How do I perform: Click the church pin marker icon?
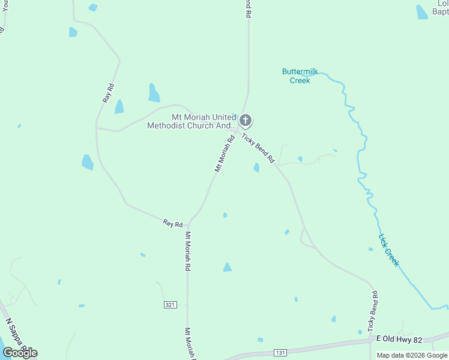[x=245, y=121]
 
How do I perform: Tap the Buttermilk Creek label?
[x=297, y=76]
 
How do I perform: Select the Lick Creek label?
[x=388, y=249]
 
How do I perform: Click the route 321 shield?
[x=170, y=305]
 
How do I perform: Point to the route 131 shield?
[x=280, y=352]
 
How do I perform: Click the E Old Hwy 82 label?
[x=399, y=340]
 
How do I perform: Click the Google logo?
[x=20, y=352]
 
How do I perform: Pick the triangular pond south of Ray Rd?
[x=228, y=268]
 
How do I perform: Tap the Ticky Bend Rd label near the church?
[x=259, y=149]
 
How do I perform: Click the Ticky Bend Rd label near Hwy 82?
[x=374, y=309]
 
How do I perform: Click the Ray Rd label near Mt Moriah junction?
[x=173, y=223]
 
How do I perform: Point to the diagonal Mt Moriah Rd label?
[x=224, y=154]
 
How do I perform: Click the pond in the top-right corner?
[x=422, y=12]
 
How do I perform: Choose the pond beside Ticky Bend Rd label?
[x=256, y=167]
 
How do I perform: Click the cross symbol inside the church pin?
[x=245, y=119]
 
